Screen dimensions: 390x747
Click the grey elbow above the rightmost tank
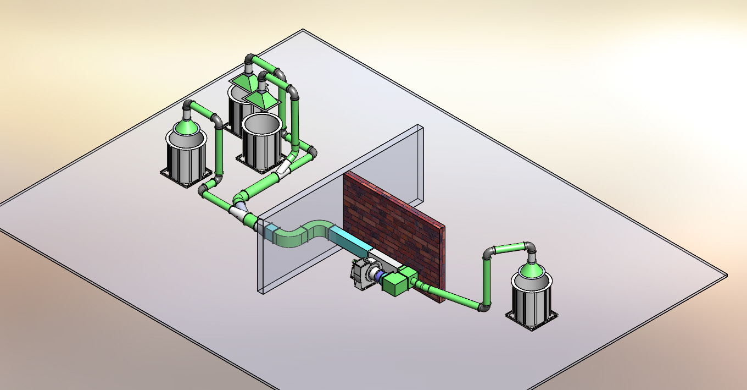click(529, 248)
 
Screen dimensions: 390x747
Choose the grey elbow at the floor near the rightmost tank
click(484, 307)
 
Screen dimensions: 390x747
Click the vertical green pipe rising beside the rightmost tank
click(487, 281)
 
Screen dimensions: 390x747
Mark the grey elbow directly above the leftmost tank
click(188, 106)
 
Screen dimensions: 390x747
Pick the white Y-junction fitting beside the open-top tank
click(285, 168)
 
